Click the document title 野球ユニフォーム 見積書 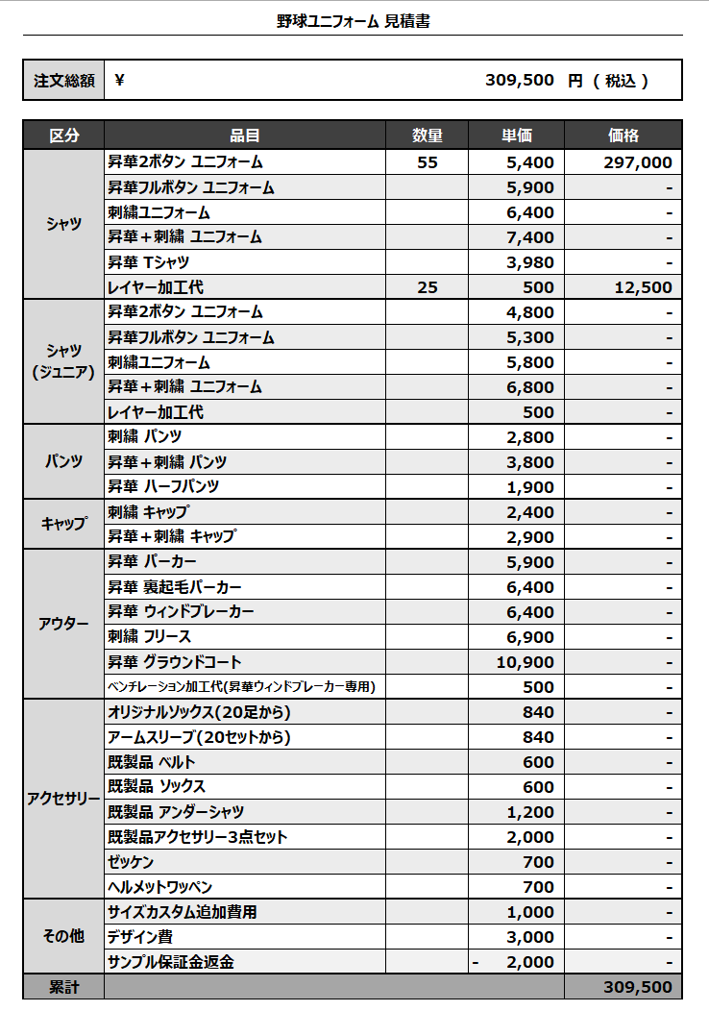point(354,20)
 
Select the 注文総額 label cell point(63,81)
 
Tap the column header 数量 point(428,136)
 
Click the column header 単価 point(516,136)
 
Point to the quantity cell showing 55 point(428,162)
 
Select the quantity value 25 point(428,287)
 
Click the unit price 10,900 point(526,662)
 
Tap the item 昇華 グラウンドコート point(175,662)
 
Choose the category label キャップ point(63,524)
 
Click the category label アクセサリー point(63,799)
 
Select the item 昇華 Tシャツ point(149,262)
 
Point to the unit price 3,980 point(530,262)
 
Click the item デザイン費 point(140,937)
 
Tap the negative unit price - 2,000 point(516,962)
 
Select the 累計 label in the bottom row point(63,987)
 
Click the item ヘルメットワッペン point(160,887)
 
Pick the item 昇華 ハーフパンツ point(163,487)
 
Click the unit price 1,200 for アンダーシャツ point(530,812)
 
